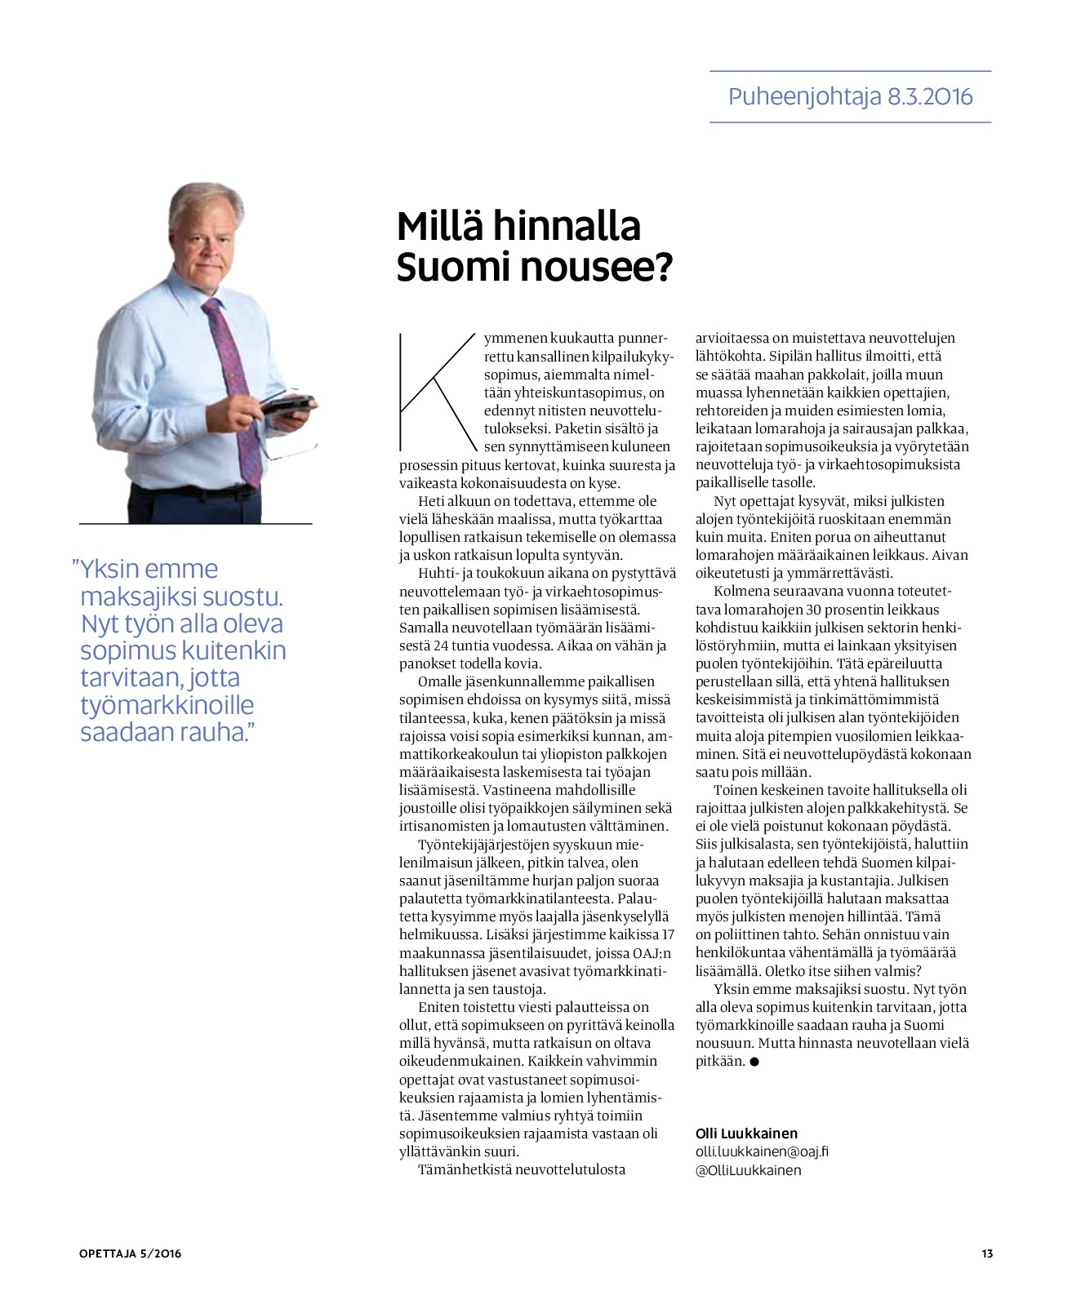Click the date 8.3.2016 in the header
[929, 97]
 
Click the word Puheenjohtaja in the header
[804, 97]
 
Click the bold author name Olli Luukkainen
[746, 1133]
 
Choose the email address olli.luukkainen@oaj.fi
[761, 1151]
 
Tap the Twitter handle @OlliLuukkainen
[748, 1170]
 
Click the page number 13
[987, 1254]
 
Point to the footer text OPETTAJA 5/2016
[131, 1254]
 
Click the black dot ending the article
[754, 1062]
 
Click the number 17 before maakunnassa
[667, 934]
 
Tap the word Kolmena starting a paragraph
[742, 591]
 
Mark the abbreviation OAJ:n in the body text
[652, 952]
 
